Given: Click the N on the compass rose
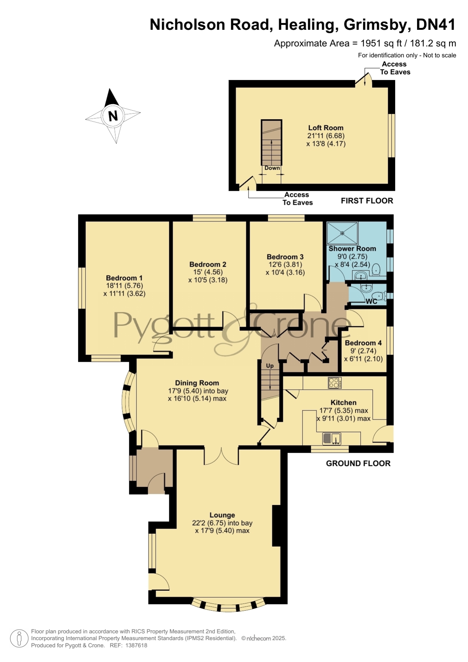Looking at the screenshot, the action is click(113, 116).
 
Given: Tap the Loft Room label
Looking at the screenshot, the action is click(326, 128).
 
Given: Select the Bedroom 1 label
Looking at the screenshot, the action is click(124, 278).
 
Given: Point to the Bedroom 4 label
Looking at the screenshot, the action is click(363, 343).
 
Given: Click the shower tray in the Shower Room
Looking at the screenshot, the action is click(342, 233).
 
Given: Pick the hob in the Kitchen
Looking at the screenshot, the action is click(335, 383).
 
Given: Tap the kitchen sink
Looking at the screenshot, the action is click(332, 439).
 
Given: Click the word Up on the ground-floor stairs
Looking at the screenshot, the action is click(270, 366).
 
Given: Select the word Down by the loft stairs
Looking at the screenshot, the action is click(272, 168).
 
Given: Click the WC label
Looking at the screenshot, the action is click(371, 301).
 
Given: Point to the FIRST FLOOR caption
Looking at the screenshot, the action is click(367, 201).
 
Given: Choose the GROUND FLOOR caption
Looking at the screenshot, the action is click(358, 463).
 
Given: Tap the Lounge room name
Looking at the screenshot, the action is click(222, 515).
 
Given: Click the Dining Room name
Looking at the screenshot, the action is click(197, 383).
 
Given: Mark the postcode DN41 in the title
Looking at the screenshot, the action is click(436, 25).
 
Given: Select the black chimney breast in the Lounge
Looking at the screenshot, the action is click(276, 525).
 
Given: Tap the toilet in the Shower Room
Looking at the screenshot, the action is click(376, 269).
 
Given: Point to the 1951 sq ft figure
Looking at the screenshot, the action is click(380, 43).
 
